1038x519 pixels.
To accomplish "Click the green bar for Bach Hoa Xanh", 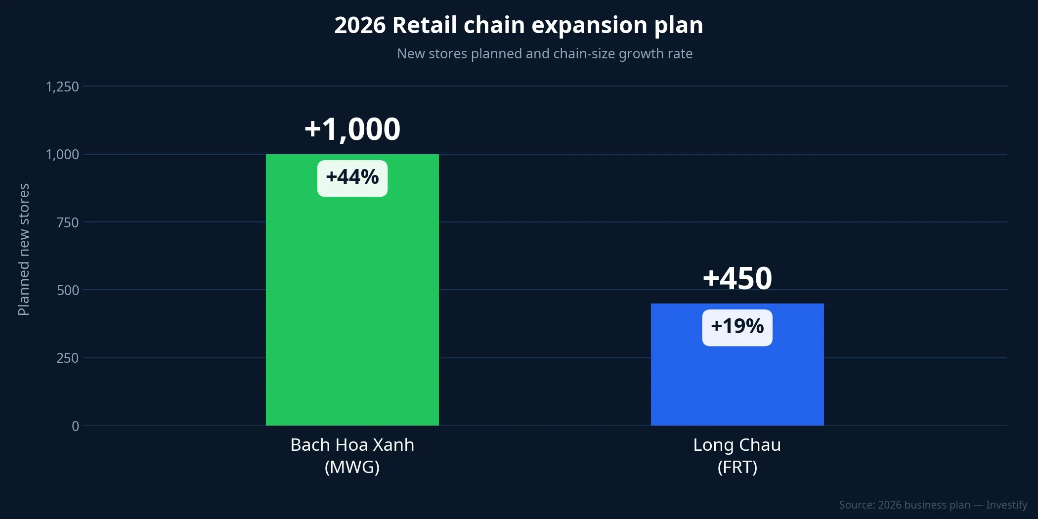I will click(x=352, y=306).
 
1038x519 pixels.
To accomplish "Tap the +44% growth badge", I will click(x=352, y=178).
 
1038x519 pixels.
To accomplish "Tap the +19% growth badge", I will click(x=737, y=327).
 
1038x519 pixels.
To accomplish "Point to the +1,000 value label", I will click(x=352, y=129).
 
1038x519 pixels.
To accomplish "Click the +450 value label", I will click(x=737, y=278).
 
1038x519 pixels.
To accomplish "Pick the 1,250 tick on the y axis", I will click(x=62, y=87).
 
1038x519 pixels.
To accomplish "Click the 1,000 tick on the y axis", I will click(x=62, y=155).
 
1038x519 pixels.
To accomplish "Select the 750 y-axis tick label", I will click(x=68, y=222).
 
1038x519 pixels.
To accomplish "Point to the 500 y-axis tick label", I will click(x=68, y=290).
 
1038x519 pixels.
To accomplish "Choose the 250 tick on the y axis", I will click(x=68, y=358).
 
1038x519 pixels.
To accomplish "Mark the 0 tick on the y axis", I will click(x=75, y=426).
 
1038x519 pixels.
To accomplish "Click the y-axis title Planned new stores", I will click(x=24, y=250).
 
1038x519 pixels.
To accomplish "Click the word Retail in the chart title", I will click(x=424, y=25).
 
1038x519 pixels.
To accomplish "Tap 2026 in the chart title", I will click(x=359, y=25).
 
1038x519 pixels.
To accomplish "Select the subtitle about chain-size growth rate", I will click(x=544, y=53).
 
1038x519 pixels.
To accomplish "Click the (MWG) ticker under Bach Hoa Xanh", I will click(x=352, y=467).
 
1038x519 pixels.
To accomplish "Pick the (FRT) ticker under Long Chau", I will click(x=737, y=467).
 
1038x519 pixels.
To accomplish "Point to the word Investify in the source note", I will click(x=1006, y=505).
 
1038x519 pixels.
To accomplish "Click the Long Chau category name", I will click(x=737, y=445).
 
